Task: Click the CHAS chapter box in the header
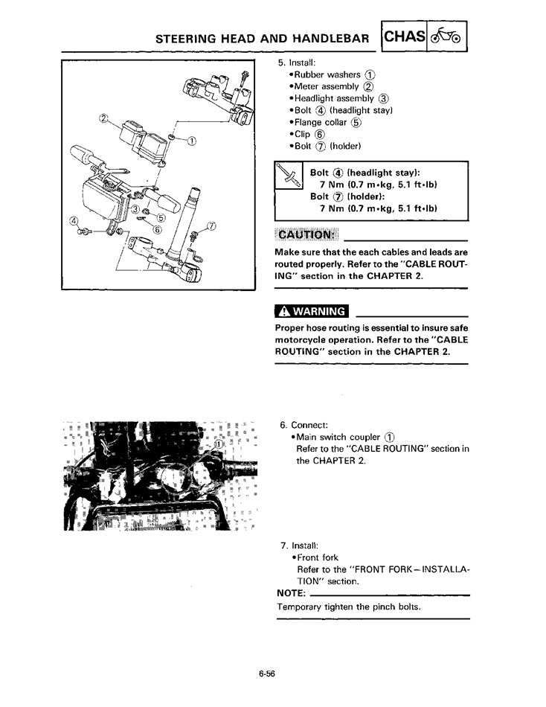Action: (x=405, y=36)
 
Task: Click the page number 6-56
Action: (x=268, y=674)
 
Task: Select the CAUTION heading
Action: (x=306, y=235)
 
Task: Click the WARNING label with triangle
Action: (x=312, y=311)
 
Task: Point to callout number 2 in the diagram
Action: (x=103, y=118)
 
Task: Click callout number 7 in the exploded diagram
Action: (x=211, y=225)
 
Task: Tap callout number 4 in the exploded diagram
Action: (x=73, y=221)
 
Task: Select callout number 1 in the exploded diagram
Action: (x=192, y=142)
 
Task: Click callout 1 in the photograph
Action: (x=219, y=444)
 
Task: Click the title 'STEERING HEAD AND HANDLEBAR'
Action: (x=263, y=37)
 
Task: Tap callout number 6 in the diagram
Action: (x=157, y=229)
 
